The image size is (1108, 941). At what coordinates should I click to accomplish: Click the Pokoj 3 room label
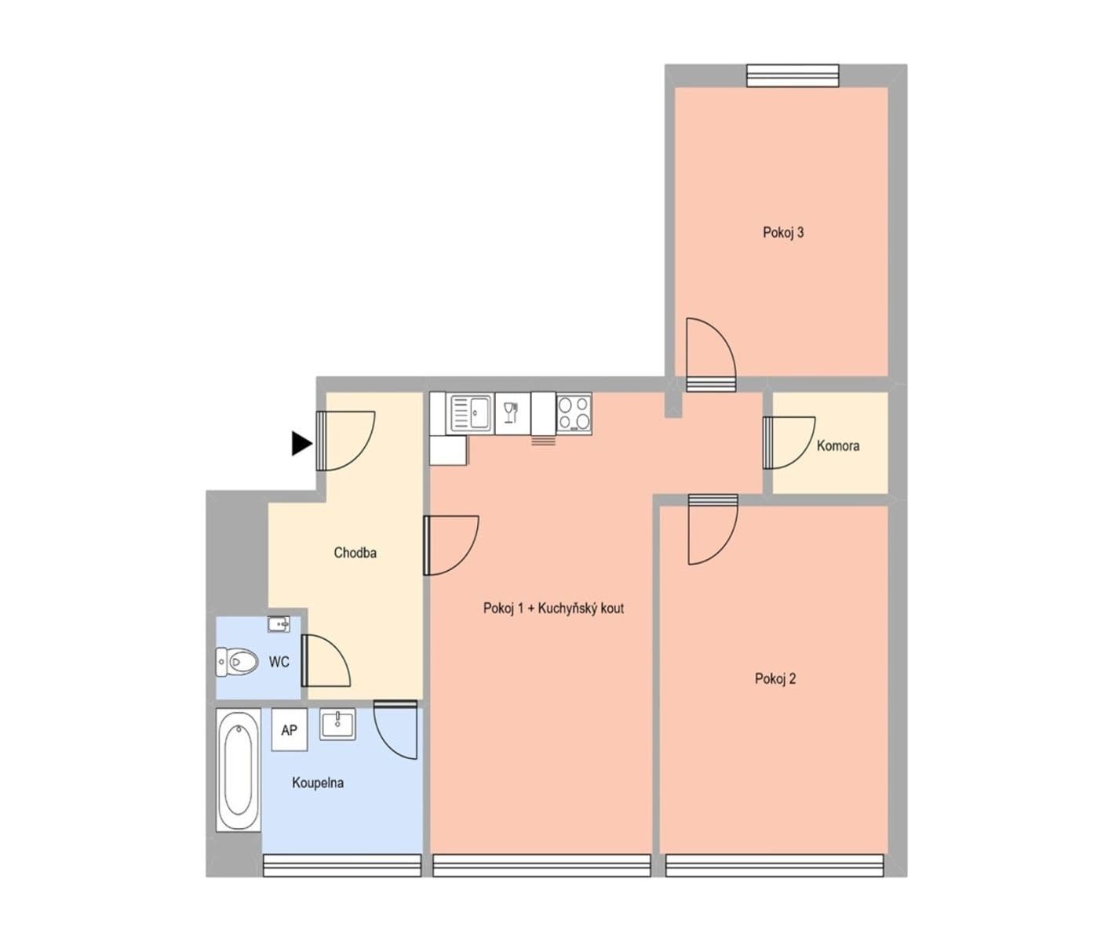pos(783,232)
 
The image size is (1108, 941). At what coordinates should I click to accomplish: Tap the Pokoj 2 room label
pos(775,679)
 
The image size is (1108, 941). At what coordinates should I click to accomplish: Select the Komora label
pos(837,445)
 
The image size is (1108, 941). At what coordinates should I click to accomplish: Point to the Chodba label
pos(355,553)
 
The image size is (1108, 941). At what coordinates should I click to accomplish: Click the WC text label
pos(279,663)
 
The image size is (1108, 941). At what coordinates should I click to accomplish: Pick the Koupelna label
pos(317,783)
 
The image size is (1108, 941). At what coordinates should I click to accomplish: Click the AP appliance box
pos(289,730)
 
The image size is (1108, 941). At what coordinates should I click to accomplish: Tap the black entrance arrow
pos(301,443)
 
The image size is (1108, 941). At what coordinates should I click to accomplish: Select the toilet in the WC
pos(239,662)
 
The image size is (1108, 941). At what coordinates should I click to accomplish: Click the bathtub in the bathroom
pos(239,770)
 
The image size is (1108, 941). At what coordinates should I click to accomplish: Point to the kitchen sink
pos(470,412)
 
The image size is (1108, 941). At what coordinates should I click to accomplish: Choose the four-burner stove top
pos(574,413)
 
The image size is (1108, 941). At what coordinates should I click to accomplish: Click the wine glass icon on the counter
pos(512,412)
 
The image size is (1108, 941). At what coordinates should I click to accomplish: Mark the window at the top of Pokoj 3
pos(793,75)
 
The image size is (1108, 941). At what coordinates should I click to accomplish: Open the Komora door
pos(788,443)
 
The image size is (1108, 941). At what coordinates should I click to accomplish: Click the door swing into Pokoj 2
pos(713,531)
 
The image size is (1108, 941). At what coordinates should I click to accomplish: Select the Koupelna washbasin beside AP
pos(338,724)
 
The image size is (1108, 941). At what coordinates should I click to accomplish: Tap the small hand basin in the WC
pos(279,624)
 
